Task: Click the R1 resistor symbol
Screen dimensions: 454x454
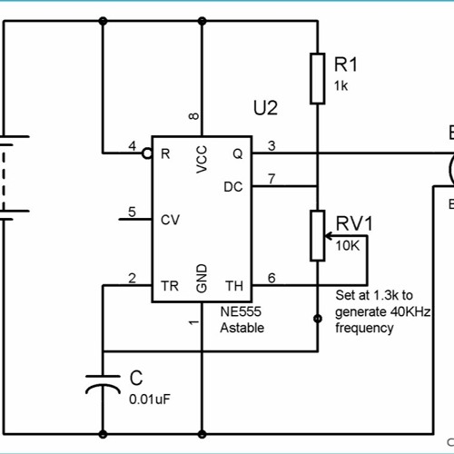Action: (x=317, y=78)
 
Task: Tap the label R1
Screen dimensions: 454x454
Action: (x=346, y=64)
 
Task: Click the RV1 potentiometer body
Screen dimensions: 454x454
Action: (x=317, y=235)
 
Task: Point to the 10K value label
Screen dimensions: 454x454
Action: (x=347, y=246)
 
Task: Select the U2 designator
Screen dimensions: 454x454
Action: (x=264, y=108)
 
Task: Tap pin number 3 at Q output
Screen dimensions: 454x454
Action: (x=271, y=145)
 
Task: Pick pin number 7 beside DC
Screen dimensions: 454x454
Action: (x=271, y=178)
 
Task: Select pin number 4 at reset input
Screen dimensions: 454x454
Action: (x=133, y=145)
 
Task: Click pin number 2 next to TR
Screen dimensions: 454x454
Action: (x=133, y=277)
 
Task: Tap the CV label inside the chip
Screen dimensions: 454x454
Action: (x=169, y=219)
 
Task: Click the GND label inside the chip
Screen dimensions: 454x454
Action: (x=202, y=278)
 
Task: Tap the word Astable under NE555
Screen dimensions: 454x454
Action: (x=242, y=327)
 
